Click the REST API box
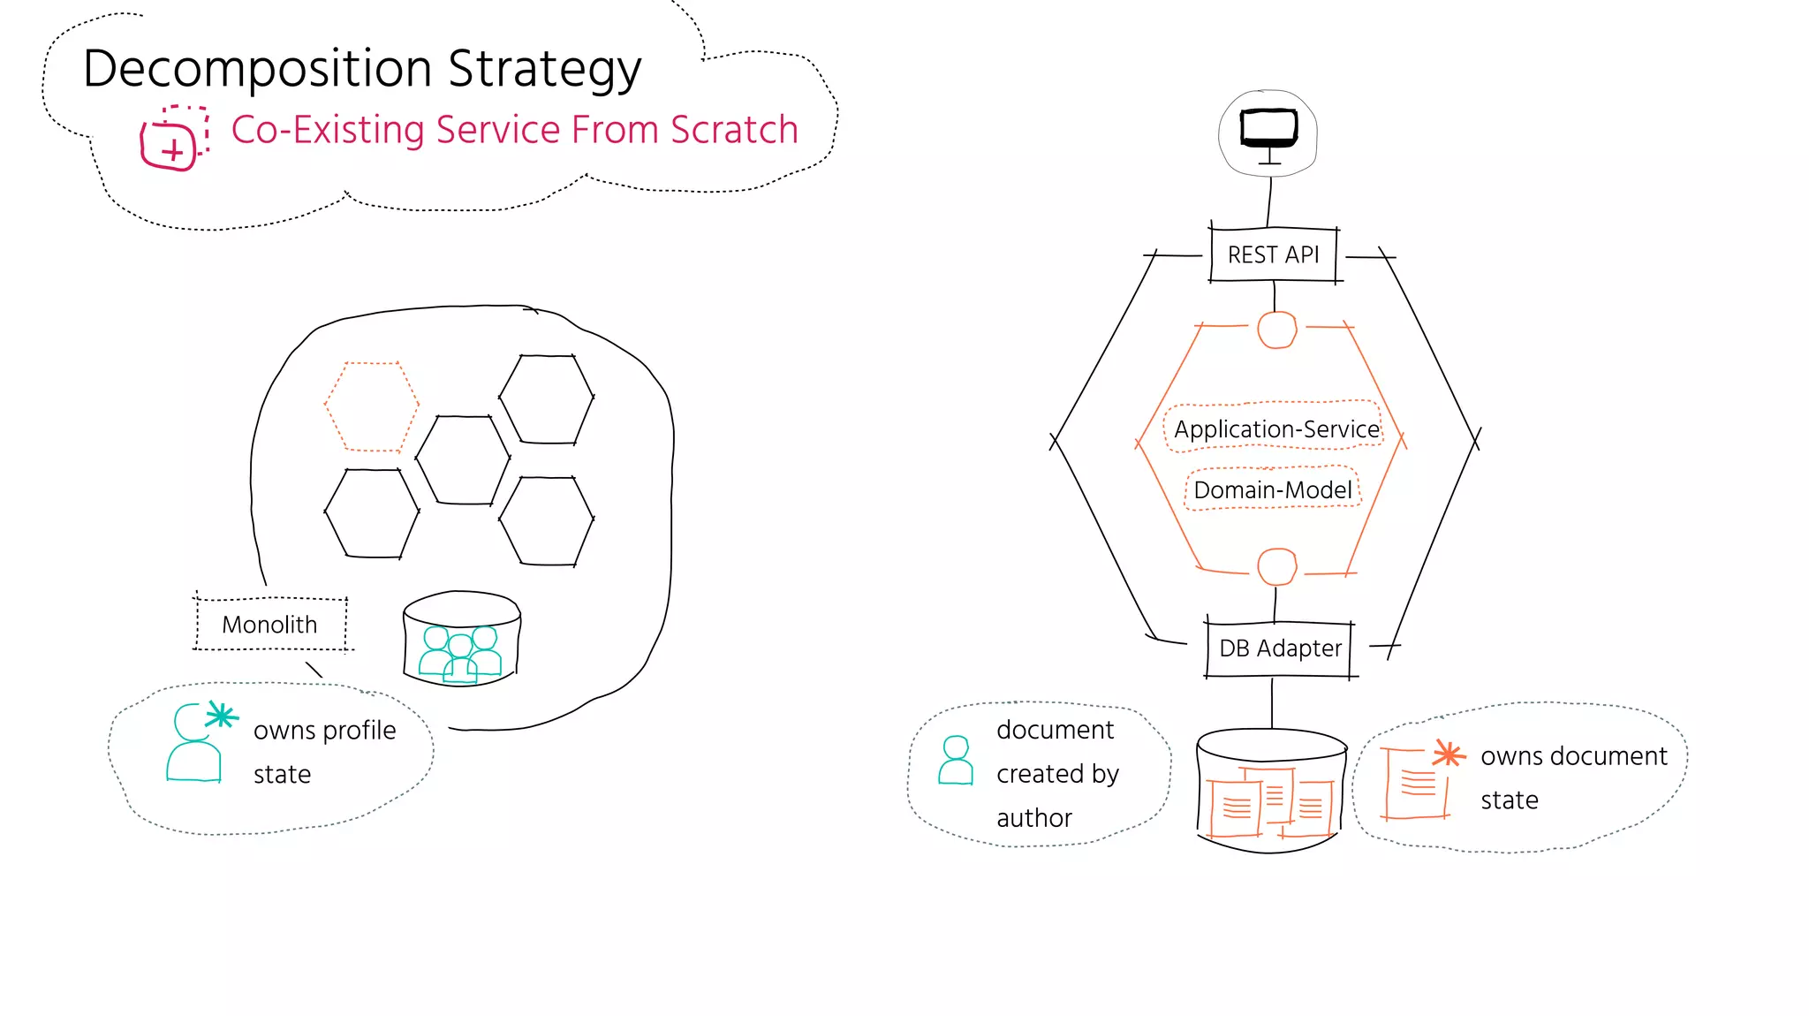[x=1273, y=255]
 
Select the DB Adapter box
[x=1279, y=648]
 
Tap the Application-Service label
[x=1275, y=429]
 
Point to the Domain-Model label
[x=1272, y=490]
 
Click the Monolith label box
[x=269, y=625]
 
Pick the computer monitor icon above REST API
[x=1268, y=131]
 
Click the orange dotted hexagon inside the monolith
[x=371, y=406]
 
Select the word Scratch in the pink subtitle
[x=733, y=131]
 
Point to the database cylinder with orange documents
[x=1270, y=791]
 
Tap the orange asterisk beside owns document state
[x=1448, y=754]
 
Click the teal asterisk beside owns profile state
[x=221, y=716]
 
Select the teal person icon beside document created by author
[x=955, y=761]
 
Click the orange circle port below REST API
[x=1276, y=330]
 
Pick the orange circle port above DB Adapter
[x=1276, y=566]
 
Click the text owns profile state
[x=323, y=751]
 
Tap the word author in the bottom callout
[x=1033, y=818]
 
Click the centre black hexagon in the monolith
[x=463, y=459]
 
